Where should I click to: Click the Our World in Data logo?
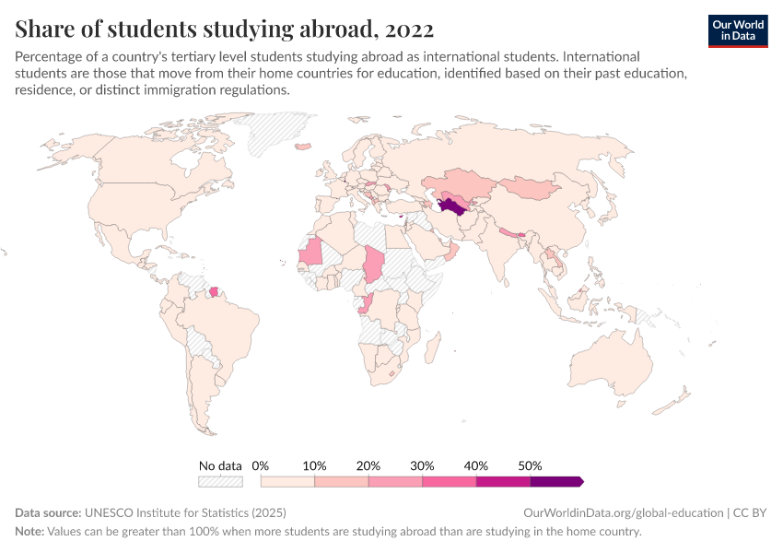737,29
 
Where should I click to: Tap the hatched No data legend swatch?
220,481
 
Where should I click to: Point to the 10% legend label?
315,465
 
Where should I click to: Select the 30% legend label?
422,465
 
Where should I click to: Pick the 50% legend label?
530,465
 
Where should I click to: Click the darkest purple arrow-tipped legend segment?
555,481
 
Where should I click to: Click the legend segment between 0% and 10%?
288,481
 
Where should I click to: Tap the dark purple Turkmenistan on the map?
453,204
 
